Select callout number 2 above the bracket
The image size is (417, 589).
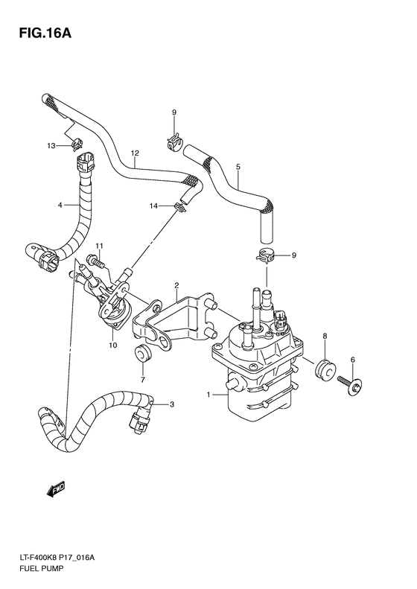click(x=176, y=285)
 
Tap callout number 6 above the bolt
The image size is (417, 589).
click(x=353, y=360)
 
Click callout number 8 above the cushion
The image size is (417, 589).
click(x=325, y=338)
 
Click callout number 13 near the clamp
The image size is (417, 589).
click(x=51, y=146)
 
